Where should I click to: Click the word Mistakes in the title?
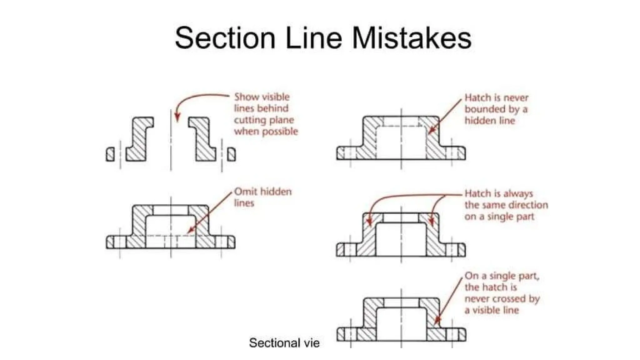[x=412, y=38]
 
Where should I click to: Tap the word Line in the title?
[x=313, y=38]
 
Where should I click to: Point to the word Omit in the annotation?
[x=246, y=191]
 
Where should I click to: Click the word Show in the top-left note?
[x=246, y=97]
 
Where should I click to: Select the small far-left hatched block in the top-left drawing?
[x=110, y=154]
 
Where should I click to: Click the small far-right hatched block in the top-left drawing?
[x=231, y=154]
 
